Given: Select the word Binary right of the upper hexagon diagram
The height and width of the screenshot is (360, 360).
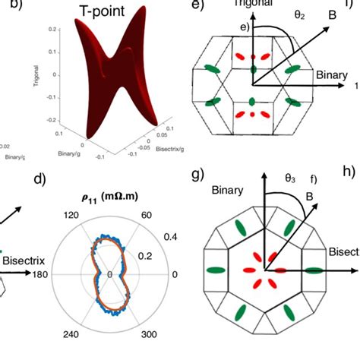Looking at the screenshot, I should pos(331,76).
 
